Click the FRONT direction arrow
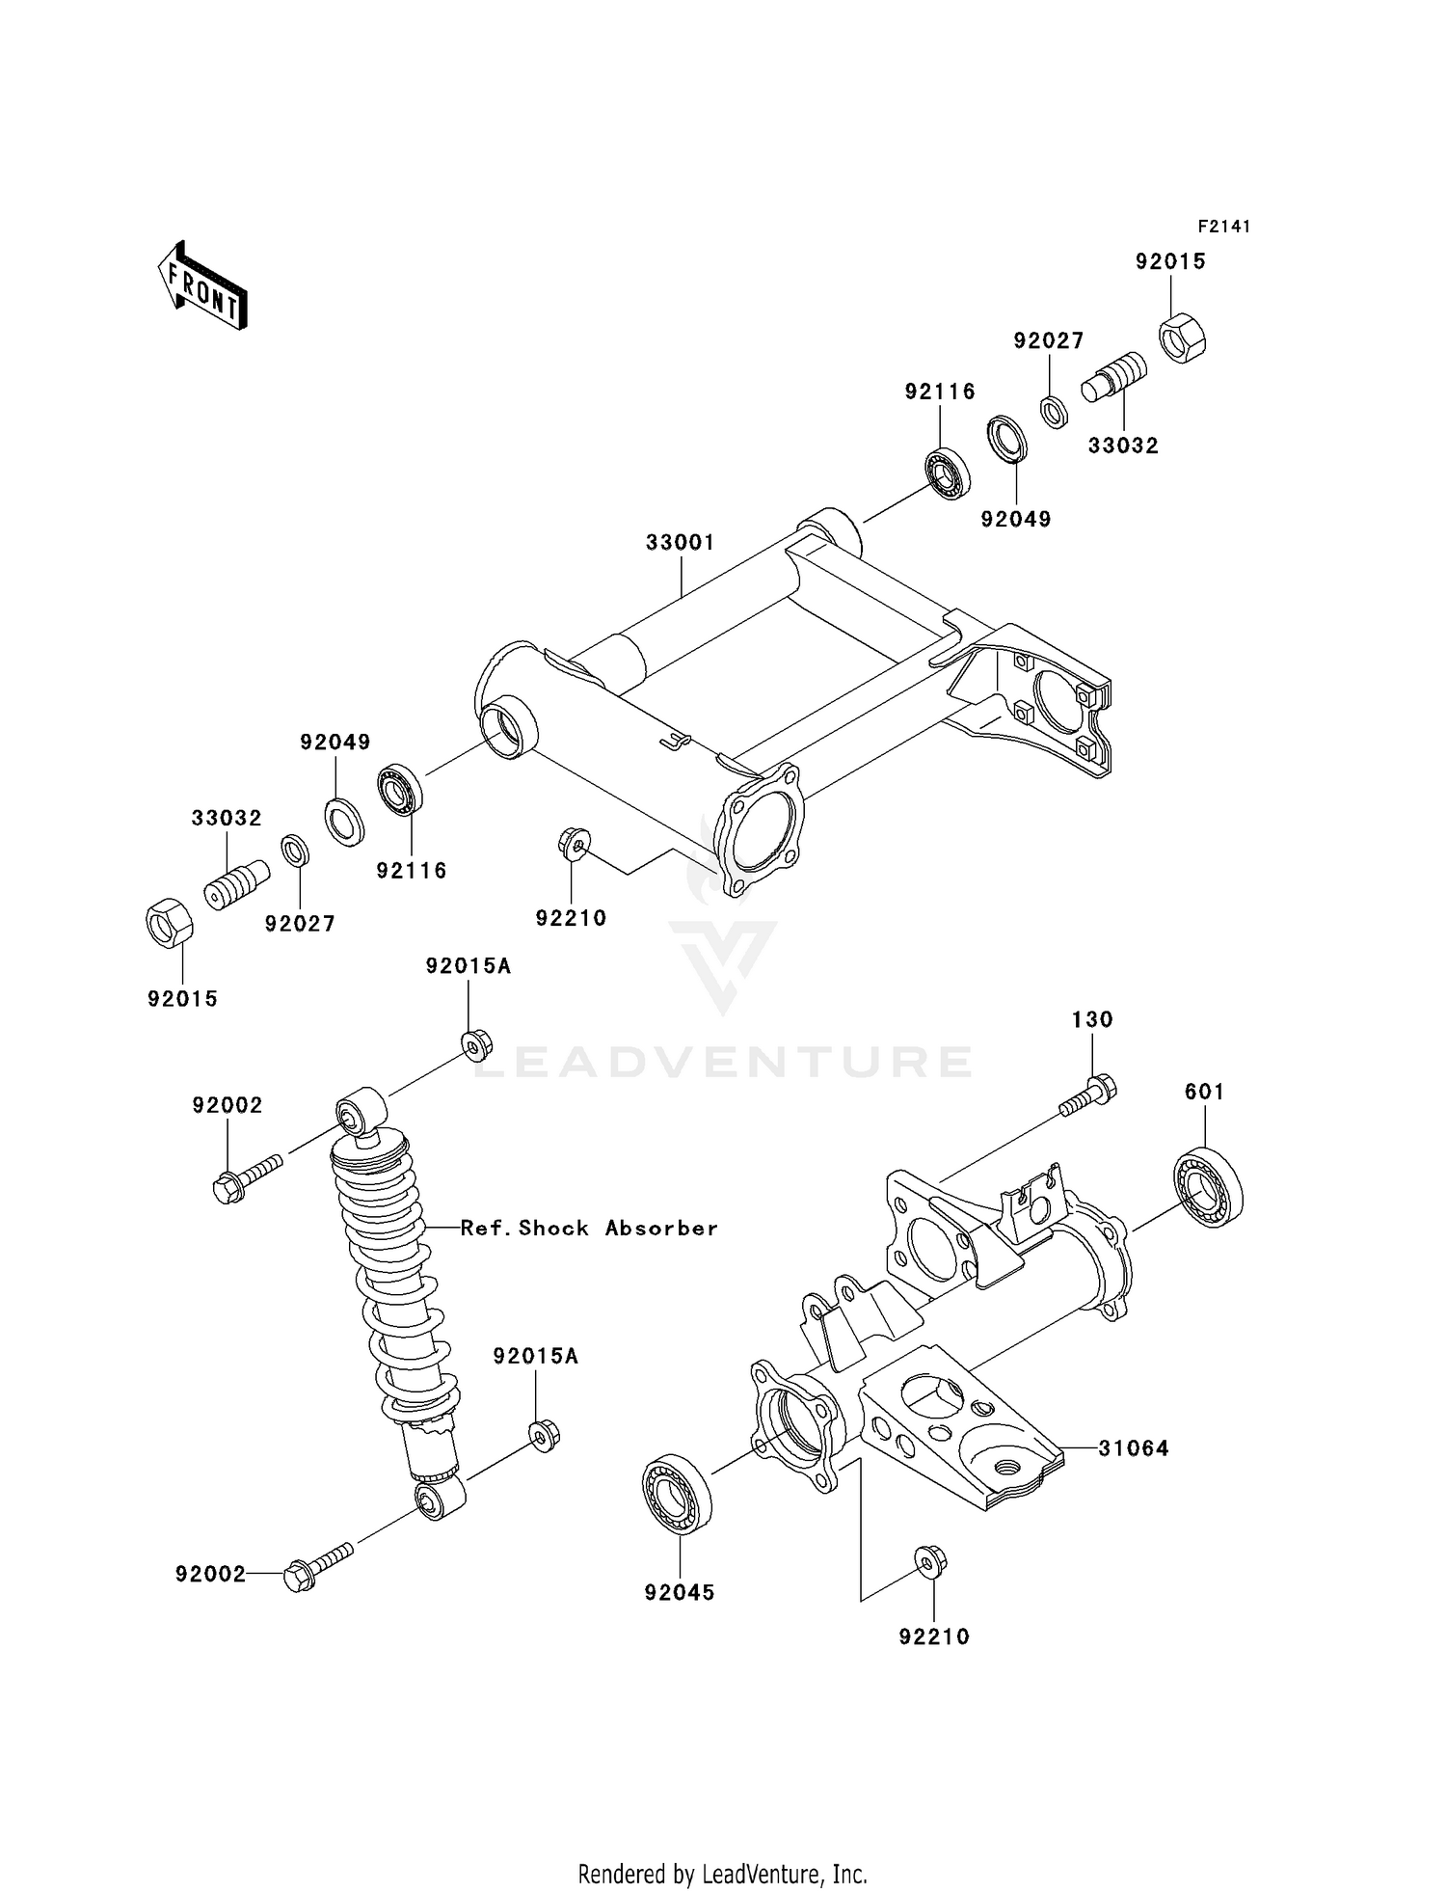tap(203, 286)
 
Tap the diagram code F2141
tap(1223, 227)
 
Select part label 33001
tap(681, 543)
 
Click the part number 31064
tap(1134, 1448)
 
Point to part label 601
tap(1204, 1092)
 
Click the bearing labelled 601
tap(1208, 1187)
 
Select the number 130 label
tap(1092, 1019)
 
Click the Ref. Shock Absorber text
tap(589, 1228)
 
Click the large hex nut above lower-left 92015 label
tap(169, 923)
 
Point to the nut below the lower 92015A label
tap(545, 1435)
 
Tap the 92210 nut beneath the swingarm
tap(574, 843)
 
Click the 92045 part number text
tap(680, 1593)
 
